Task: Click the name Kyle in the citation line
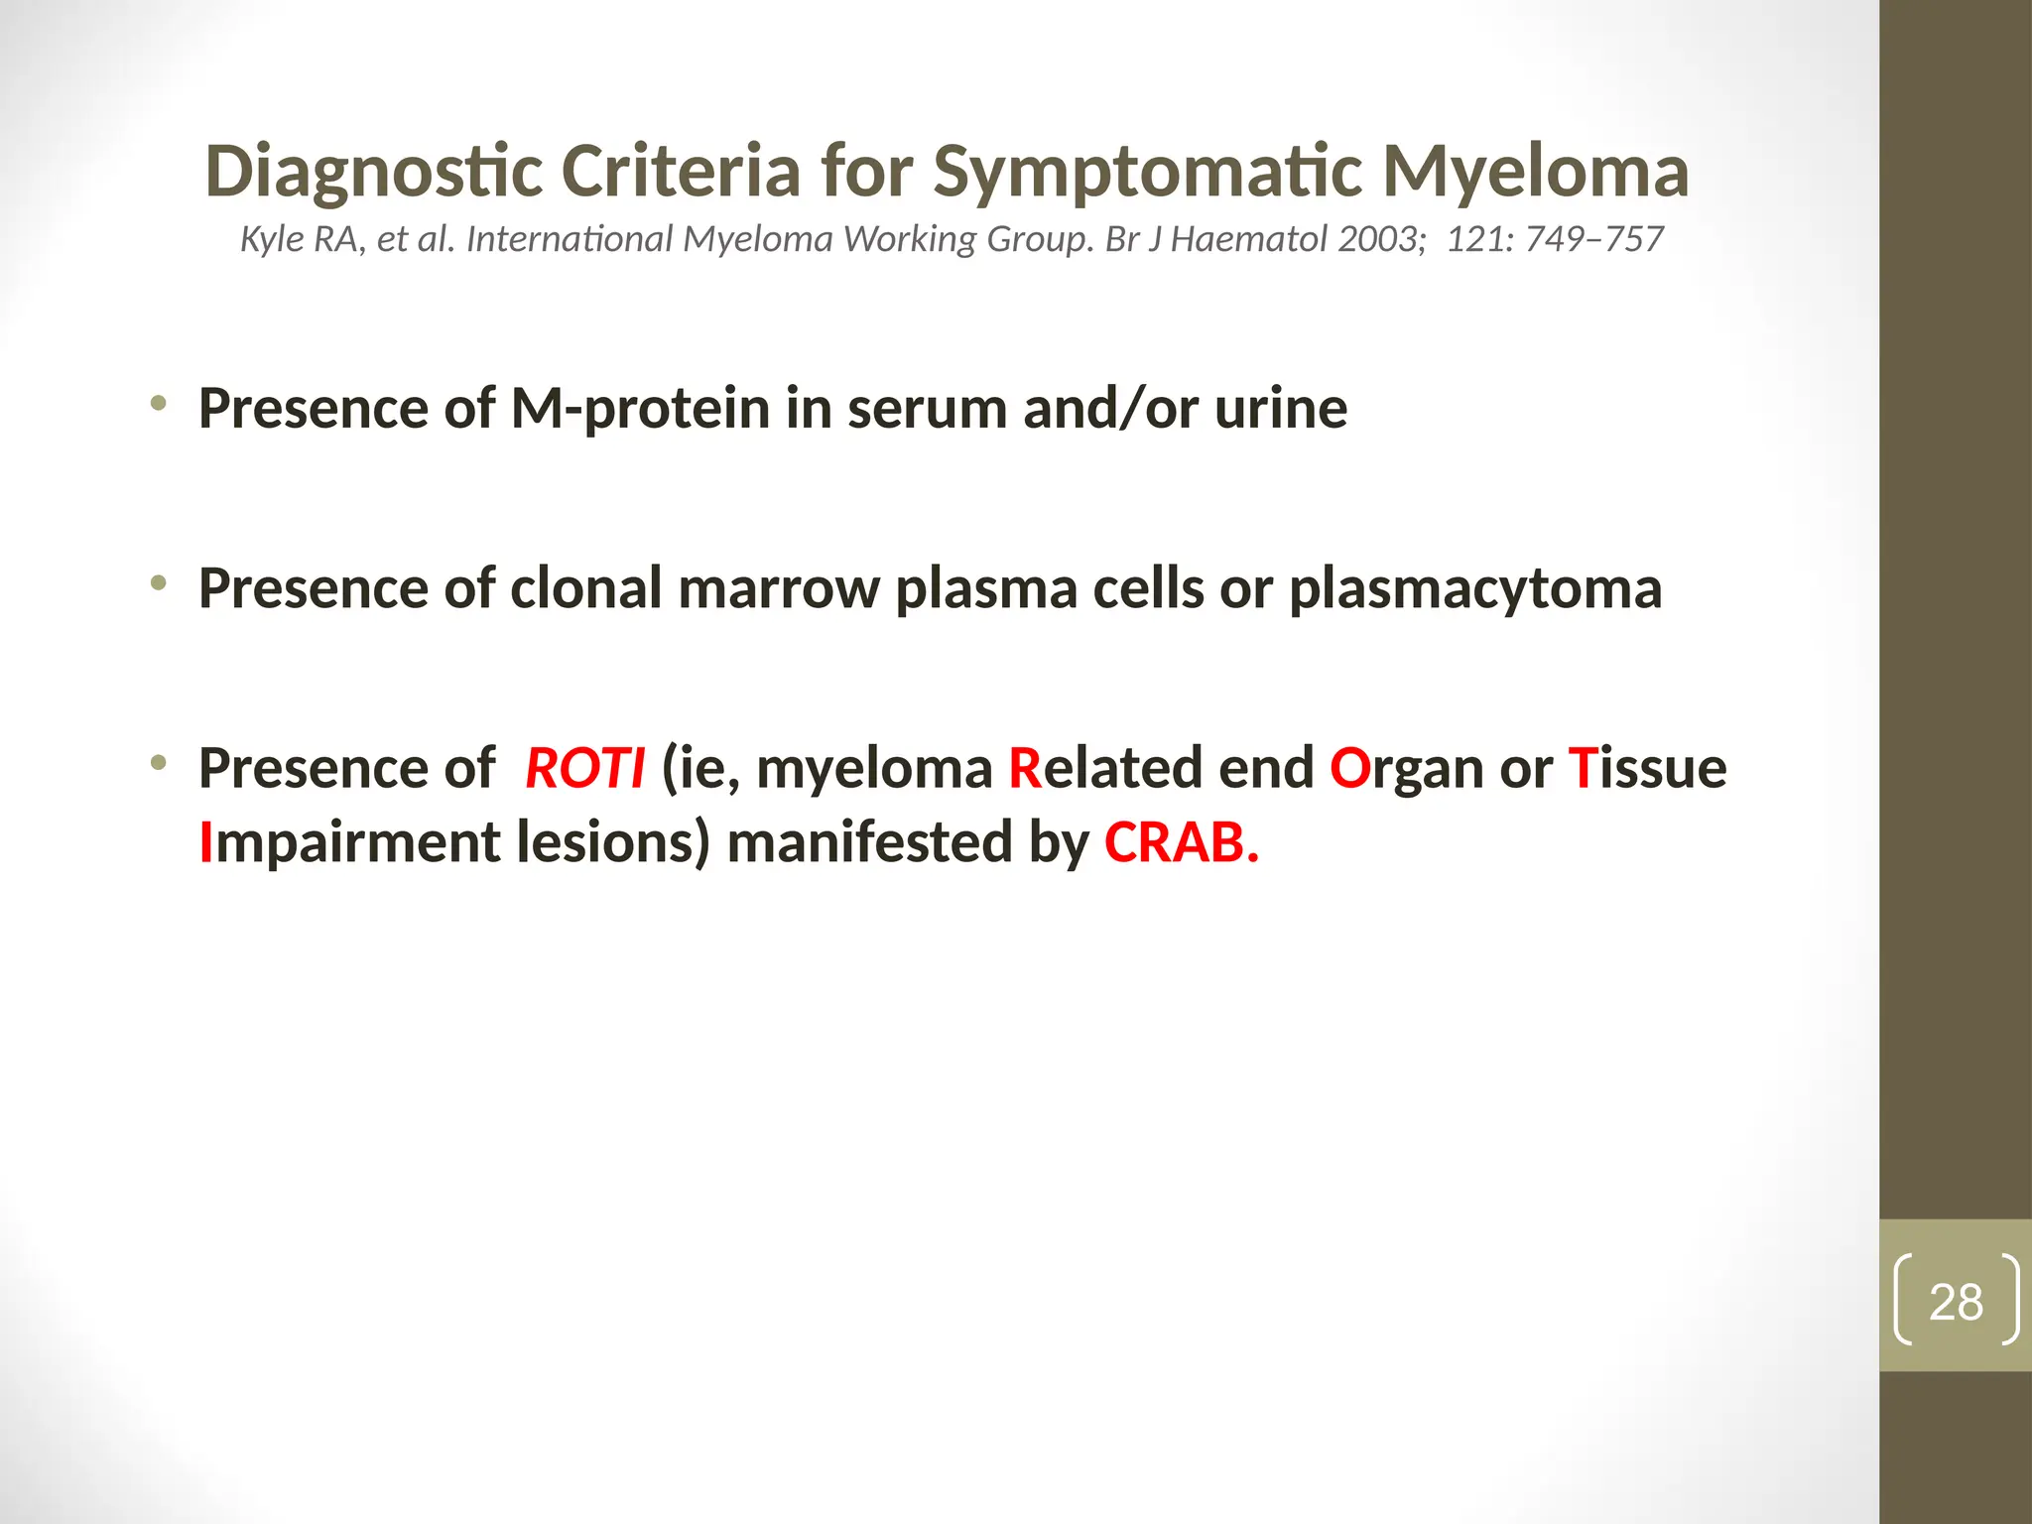click(x=270, y=239)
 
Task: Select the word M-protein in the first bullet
click(x=640, y=408)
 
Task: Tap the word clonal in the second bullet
click(x=585, y=588)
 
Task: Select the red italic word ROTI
click(x=584, y=768)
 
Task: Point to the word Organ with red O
click(x=1406, y=768)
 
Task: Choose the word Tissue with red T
click(x=1647, y=768)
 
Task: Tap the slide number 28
click(x=1956, y=1302)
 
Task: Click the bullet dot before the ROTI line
click(x=158, y=763)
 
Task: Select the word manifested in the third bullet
click(x=868, y=842)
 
